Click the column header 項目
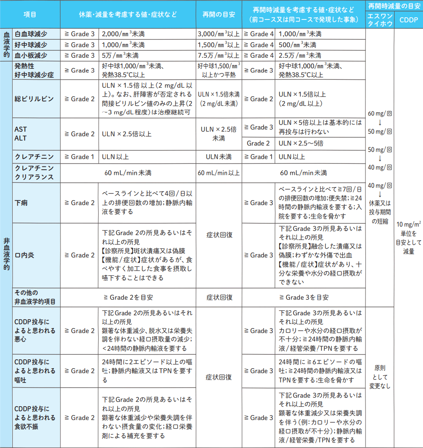pyautogui.click(x=30, y=14)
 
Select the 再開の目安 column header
pyautogui.click(x=219, y=14)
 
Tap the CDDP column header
pyautogui.click(x=408, y=20)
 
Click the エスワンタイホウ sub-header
pyautogui.click(x=380, y=20)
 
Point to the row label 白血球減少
pyautogui.click(x=31, y=34)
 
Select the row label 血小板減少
pyautogui.click(x=31, y=55)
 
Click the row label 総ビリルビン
pyautogui.click(x=34, y=99)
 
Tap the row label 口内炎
pyautogui.click(x=25, y=255)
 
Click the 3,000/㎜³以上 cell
pyautogui.click(x=219, y=34)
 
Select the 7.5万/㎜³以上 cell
pyautogui.click(x=219, y=55)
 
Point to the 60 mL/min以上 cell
pyautogui.click(x=219, y=173)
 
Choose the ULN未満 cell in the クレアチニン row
pyautogui.click(x=219, y=157)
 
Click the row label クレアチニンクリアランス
pyautogui.click(x=34, y=173)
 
